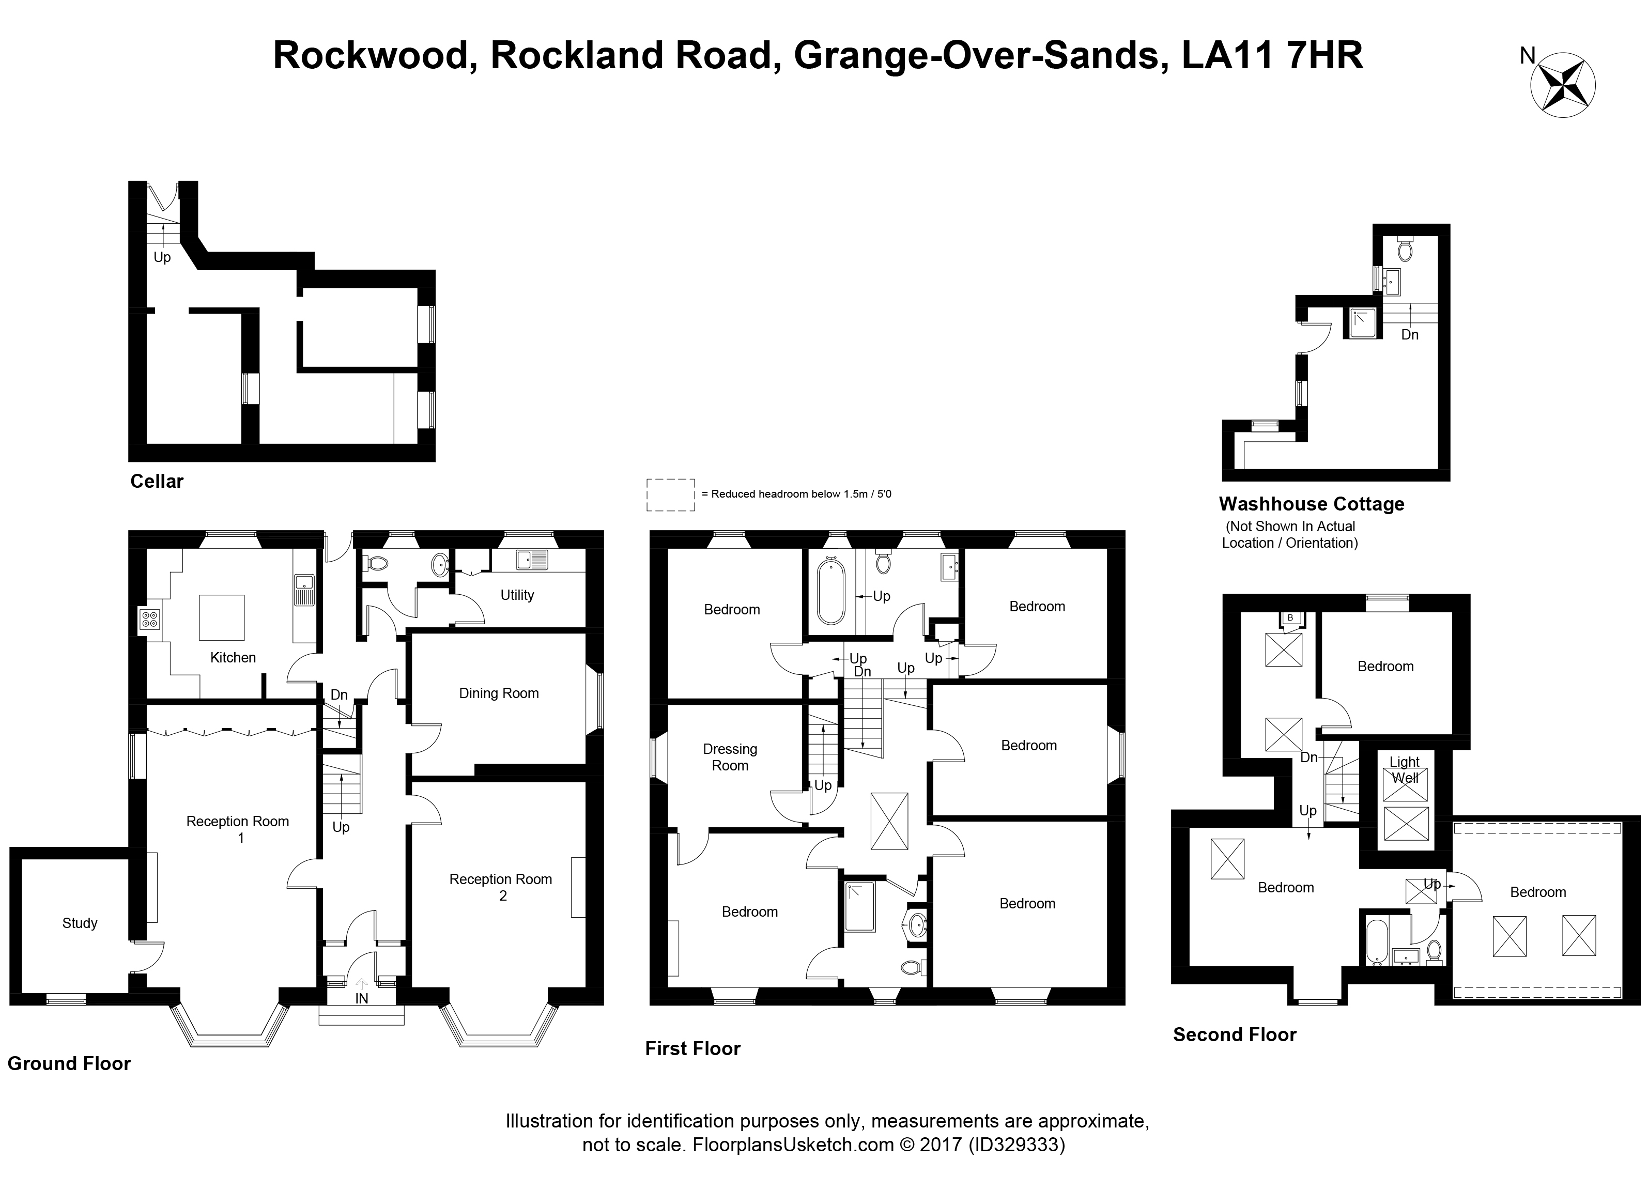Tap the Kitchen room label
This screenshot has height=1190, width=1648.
coord(233,657)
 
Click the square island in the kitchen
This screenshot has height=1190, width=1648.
coord(222,617)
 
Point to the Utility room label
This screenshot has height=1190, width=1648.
coord(517,595)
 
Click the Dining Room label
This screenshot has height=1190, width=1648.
coord(499,693)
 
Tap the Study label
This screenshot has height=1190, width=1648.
coord(79,923)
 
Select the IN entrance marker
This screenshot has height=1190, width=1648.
coord(361,998)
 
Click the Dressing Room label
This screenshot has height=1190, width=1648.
coord(730,757)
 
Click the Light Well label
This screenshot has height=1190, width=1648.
coord(1404,770)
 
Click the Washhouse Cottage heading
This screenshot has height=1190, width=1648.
coord(1312,504)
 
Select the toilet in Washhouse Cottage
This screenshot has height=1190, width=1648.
coord(1405,249)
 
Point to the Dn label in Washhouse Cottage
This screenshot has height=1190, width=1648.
coord(1410,335)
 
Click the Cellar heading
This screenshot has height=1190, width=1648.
coord(156,481)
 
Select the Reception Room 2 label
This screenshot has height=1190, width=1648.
coord(501,887)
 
